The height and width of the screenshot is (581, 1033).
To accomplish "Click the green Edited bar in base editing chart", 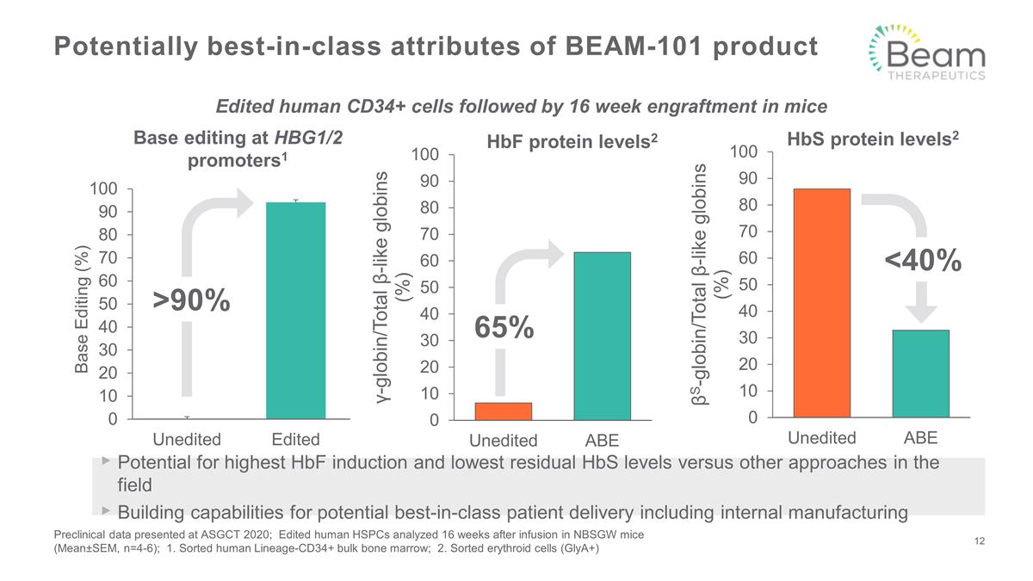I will (295, 311).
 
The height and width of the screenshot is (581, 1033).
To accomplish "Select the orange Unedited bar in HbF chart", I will (504, 411).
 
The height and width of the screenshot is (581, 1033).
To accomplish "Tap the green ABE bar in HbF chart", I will (602, 336).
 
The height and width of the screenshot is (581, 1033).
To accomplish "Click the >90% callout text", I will (192, 300).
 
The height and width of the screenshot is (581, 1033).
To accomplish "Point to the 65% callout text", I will (504, 328).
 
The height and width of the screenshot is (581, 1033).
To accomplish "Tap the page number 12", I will (979, 541).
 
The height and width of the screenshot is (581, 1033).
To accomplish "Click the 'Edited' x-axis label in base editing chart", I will (295, 439).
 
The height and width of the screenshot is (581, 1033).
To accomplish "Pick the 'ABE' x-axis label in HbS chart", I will (920, 438).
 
